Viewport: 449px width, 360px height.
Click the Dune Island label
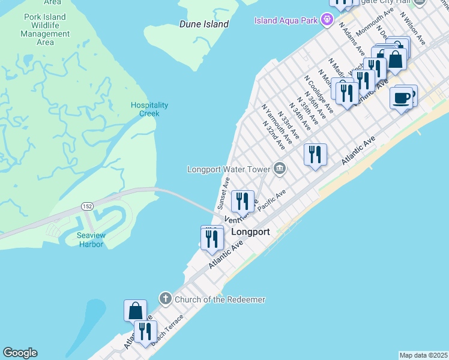tap(204, 24)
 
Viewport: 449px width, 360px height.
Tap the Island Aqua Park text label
tap(286, 20)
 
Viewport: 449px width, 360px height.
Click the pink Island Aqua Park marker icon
tap(327, 20)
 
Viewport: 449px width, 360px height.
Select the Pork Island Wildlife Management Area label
tap(45, 29)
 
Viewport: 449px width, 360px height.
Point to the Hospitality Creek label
tap(149, 109)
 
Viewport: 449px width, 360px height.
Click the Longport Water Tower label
tap(229, 169)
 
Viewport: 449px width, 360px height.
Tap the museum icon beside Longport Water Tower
tap(280, 168)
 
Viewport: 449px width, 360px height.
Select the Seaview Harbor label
tap(90, 240)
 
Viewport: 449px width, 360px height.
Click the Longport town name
tap(250, 232)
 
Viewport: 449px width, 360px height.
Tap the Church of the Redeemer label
tap(220, 299)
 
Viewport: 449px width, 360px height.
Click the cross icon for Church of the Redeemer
tap(166, 298)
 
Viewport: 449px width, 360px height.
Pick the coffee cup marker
tap(401, 98)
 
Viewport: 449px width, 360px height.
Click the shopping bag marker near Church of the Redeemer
tap(135, 311)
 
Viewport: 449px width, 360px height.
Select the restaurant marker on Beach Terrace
tap(145, 331)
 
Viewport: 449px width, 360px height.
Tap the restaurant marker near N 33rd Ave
tap(315, 155)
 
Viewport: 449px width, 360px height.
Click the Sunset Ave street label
tap(223, 192)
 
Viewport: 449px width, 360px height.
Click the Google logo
tap(20, 353)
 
